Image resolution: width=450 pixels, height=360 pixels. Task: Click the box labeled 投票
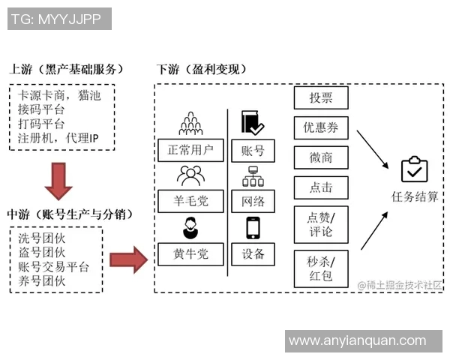[321, 97]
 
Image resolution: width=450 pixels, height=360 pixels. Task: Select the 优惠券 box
[321, 127]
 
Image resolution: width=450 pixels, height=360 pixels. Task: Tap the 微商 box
[321, 157]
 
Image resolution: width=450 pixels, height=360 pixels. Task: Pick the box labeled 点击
[321, 187]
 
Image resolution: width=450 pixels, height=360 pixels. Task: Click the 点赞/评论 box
[321, 223]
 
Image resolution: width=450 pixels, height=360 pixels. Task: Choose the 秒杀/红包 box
[321, 268]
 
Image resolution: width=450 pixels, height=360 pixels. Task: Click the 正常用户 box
[190, 150]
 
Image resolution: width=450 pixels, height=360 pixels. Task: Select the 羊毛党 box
[190, 201]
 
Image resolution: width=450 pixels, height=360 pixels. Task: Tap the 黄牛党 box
[190, 253]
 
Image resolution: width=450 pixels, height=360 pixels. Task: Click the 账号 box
[253, 150]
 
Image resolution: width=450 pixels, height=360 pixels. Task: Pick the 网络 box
[253, 201]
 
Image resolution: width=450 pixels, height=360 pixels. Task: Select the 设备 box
[253, 253]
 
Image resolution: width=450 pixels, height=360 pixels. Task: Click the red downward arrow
[58, 181]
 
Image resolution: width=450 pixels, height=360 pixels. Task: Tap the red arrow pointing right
[128, 259]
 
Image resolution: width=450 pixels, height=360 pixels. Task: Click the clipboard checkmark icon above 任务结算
[414, 170]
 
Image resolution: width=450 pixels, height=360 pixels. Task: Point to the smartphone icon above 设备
[253, 228]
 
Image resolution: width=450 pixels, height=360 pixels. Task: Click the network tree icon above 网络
[253, 177]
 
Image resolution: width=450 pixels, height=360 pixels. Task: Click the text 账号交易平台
[53, 267]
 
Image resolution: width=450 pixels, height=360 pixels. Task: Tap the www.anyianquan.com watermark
[363, 341]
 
